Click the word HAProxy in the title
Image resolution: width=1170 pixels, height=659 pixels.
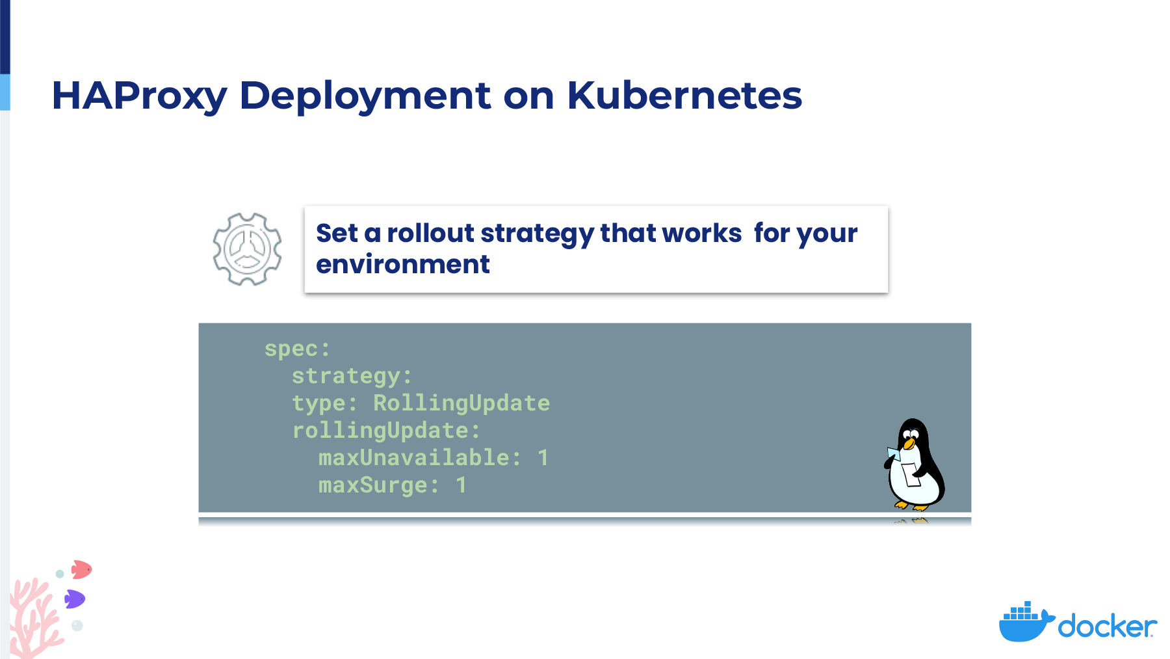139,96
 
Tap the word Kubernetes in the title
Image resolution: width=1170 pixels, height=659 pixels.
684,95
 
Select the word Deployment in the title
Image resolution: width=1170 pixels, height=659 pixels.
365,96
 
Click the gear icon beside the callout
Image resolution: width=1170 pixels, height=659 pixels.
247,249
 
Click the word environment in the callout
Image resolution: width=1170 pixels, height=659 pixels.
403,264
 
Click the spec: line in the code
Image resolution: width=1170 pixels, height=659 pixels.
298,349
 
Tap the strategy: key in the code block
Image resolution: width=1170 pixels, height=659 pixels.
352,377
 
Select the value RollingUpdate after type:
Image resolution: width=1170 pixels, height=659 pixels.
461,403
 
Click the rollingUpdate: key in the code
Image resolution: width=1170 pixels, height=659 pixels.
386,431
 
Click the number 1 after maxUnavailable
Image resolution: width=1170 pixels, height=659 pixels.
543,458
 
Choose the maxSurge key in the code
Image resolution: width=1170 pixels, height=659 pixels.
373,485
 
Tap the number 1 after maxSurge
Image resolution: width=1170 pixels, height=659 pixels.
461,485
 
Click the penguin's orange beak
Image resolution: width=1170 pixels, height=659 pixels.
909,444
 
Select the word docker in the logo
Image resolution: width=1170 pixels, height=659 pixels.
1108,626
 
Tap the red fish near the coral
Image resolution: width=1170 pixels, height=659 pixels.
81,570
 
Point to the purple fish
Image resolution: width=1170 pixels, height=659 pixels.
75,599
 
